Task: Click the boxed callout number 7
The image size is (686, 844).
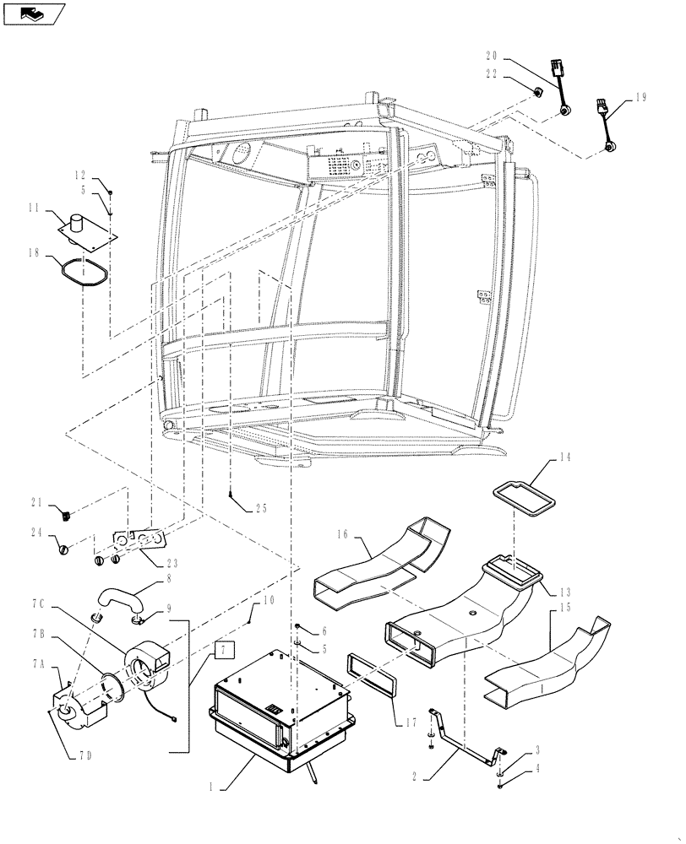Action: pyautogui.click(x=221, y=650)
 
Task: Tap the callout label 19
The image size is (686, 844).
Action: pyautogui.click(x=640, y=98)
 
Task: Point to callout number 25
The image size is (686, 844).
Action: pyautogui.click(x=261, y=508)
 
